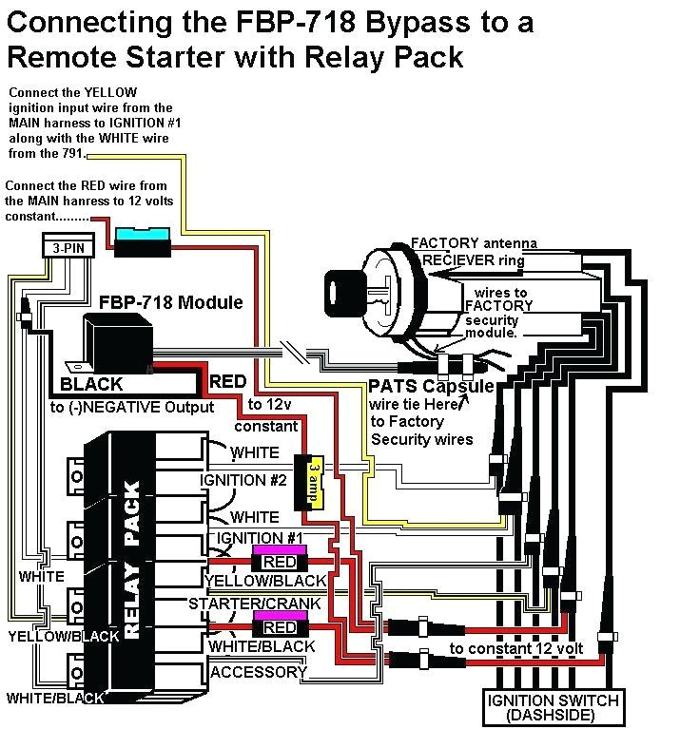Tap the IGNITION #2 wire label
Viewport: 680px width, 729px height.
point(243,480)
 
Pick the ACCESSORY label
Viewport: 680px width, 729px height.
point(259,672)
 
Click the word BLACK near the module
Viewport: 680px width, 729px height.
point(91,385)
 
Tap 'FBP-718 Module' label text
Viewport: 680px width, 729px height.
point(171,303)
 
